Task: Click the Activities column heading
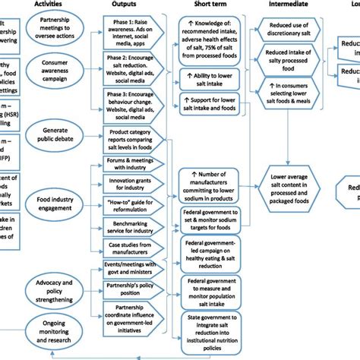point(57,4)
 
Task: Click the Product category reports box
point(131,141)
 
